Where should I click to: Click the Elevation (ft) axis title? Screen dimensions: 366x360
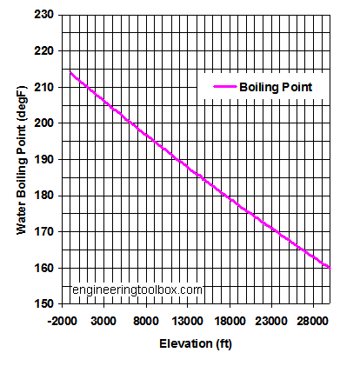coord(195,344)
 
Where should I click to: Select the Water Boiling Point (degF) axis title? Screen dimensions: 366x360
coord(21,159)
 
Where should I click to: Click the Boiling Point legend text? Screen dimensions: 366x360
coord(276,87)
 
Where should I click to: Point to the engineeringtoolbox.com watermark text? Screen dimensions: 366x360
coord(137,289)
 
